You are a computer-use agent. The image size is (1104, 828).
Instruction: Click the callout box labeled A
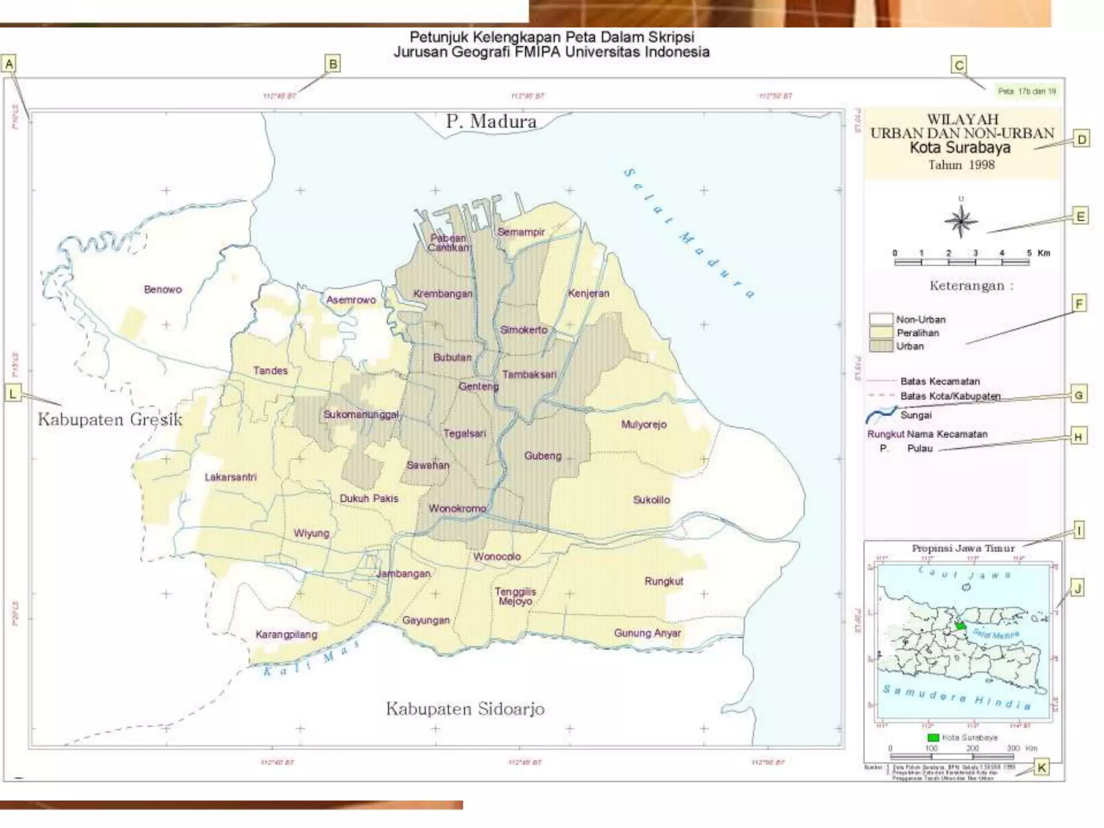[x=9, y=64]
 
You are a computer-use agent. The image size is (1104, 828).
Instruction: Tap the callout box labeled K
[x=1041, y=767]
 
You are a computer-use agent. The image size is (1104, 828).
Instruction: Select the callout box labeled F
[x=1079, y=303]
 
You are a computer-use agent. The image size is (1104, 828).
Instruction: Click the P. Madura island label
[x=491, y=121]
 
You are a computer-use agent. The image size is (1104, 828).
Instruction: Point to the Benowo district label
[x=163, y=289]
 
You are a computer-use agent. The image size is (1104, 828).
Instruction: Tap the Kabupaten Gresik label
[x=110, y=419]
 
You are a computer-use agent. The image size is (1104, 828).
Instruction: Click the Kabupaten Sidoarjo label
[x=465, y=708]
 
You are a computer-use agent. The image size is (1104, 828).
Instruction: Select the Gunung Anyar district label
[x=647, y=633]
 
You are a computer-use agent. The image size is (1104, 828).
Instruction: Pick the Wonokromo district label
[x=457, y=508]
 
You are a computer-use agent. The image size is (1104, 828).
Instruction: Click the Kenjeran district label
[x=588, y=293]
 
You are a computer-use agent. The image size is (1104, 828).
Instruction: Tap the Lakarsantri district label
[x=231, y=477]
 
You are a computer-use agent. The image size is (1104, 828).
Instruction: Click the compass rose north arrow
[x=961, y=220]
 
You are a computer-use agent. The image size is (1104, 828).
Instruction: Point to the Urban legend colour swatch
[x=881, y=346]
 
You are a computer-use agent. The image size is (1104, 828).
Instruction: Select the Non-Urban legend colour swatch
[x=881, y=319]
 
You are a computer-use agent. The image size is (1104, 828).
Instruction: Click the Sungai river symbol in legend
[x=881, y=415]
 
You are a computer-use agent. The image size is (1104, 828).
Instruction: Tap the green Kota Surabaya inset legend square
[x=933, y=737]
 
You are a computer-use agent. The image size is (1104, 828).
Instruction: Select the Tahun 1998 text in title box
[x=961, y=165]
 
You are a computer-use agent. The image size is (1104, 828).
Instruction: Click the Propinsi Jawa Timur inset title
[x=963, y=548]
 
